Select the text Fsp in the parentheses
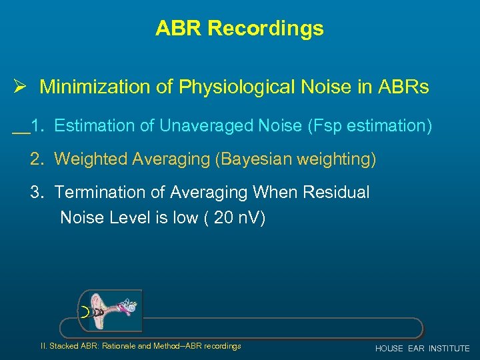tap(339, 125)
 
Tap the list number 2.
tap(37, 159)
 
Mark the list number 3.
tap(37, 192)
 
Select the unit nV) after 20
tap(250, 218)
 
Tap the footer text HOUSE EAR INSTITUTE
tap(422, 349)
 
